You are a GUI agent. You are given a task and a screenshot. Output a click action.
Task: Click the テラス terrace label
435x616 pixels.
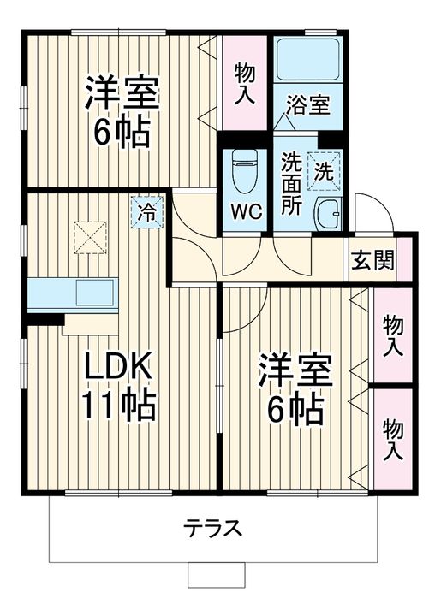212,527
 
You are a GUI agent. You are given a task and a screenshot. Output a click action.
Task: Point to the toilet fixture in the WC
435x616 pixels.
244,169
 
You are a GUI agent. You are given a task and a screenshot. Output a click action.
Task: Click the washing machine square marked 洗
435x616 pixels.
324,169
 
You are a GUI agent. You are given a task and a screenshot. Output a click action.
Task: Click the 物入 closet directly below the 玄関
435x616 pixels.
392,336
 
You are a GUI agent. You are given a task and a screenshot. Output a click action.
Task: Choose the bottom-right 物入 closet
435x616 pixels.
392,439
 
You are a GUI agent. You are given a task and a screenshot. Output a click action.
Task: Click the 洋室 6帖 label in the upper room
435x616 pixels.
118,112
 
